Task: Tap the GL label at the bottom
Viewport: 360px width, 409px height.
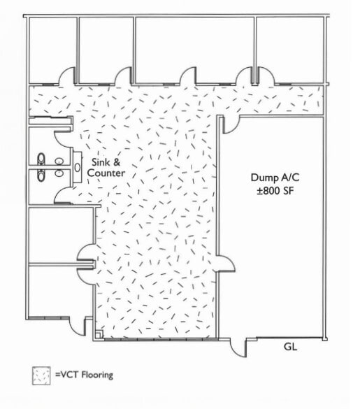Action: coord(291,346)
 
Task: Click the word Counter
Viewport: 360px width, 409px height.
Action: coord(108,173)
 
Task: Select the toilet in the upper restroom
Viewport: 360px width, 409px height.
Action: coord(41,159)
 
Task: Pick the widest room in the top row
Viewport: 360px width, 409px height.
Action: coord(194,49)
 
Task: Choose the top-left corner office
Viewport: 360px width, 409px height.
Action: coord(52,49)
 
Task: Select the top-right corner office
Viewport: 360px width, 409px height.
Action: coord(290,49)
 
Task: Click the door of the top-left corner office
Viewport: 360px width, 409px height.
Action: coord(67,77)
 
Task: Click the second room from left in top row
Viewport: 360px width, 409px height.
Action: coord(106,49)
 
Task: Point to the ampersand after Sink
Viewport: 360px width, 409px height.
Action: coord(117,162)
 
